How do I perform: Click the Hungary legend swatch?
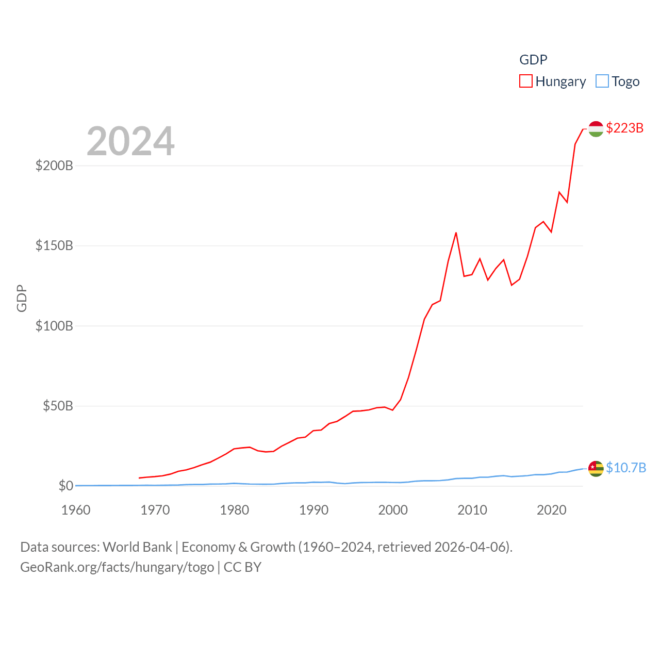click(x=525, y=81)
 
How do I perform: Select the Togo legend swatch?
click(x=602, y=81)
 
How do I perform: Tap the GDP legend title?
click(x=533, y=60)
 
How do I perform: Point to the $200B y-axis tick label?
click(x=54, y=166)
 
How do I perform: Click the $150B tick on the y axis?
click(x=54, y=245)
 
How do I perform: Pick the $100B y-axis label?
click(x=54, y=326)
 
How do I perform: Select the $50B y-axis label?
click(x=58, y=406)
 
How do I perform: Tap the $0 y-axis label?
click(x=65, y=486)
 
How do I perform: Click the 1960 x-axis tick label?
click(x=76, y=510)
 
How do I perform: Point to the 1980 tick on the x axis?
click(x=234, y=510)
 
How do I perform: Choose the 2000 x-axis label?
click(x=393, y=510)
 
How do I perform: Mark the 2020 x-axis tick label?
click(x=551, y=510)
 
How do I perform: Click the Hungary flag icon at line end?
click(x=596, y=129)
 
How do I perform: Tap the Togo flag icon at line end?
click(x=596, y=469)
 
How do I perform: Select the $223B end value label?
click(x=624, y=128)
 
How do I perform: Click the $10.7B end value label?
click(x=626, y=468)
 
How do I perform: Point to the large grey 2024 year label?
click(x=130, y=141)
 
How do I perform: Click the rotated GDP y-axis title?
click(x=22, y=298)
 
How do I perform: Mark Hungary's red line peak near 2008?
click(x=456, y=233)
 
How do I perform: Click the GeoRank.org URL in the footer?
click(x=117, y=567)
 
